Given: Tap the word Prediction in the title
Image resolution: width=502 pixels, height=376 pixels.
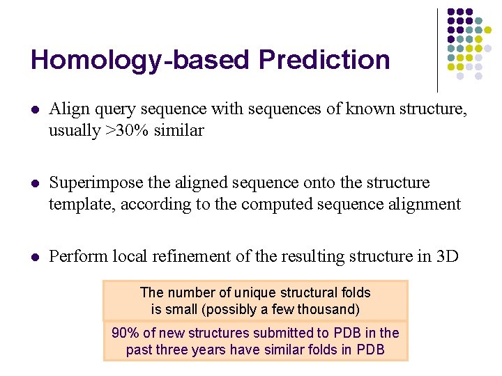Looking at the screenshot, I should pyautogui.click(x=324, y=60).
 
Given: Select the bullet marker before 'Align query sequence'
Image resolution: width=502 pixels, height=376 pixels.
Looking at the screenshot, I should pyautogui.click(x=35, y=110).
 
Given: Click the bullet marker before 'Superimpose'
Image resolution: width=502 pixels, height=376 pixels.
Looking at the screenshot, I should pyautogui.click(x=35, y=183).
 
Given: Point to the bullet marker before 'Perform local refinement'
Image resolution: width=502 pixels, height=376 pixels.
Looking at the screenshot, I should pyautogui.click(x=35, y=257).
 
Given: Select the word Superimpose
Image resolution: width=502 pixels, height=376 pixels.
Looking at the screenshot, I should pyautogui.click(x=93, y=183).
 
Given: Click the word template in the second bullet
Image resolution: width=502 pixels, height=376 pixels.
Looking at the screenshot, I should pyautogui.click(x=76, y=205).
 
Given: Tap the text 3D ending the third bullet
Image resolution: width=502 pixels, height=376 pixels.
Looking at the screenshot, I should pyautogui.click(x=446, y=256).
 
